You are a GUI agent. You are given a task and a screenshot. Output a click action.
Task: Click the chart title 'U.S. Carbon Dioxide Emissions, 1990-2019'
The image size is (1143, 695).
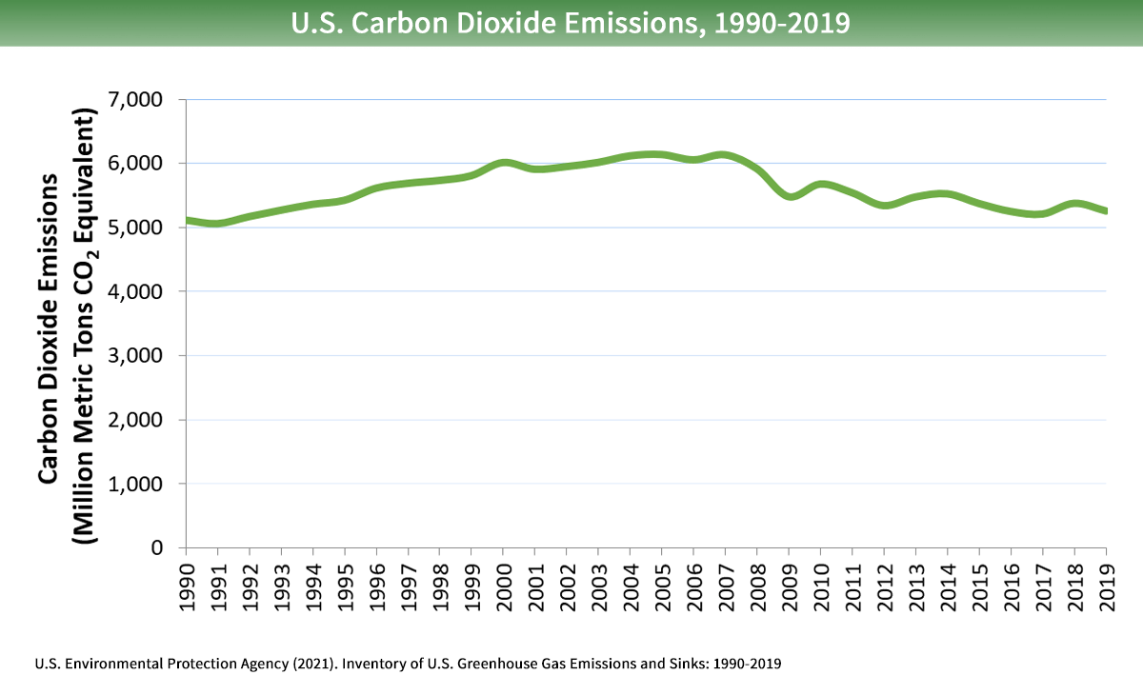(x=571, y=22)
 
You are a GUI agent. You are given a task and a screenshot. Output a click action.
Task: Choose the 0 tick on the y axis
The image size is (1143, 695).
(x=157, y=548)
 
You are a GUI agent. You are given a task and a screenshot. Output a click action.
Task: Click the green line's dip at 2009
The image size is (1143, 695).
(x=789, y=196)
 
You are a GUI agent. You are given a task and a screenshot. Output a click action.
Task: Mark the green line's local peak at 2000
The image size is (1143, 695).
(x=504, y=163)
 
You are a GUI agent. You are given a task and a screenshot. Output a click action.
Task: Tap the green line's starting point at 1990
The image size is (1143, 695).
(x=187, y=220)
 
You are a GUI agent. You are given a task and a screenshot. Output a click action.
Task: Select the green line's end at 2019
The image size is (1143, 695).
(x=1105, y=211)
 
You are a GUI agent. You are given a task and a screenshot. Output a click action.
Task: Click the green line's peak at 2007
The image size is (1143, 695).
(x=725, y=155)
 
